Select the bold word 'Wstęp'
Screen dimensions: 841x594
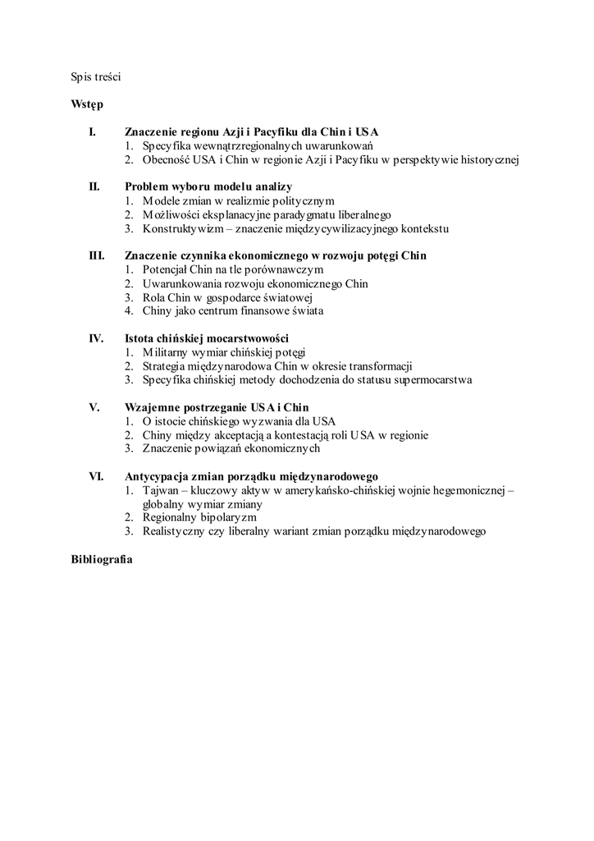[87, 105]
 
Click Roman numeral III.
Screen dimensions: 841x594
[96, 255]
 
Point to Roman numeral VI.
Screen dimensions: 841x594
[95, 476]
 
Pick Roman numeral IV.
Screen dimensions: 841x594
[95, 338]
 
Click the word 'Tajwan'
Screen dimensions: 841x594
[162, 489]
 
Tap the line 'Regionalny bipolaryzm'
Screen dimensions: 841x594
[199, 517]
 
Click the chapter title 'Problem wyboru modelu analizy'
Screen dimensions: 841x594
[208, 186]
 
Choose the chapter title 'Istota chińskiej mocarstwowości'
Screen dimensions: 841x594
[206, 338]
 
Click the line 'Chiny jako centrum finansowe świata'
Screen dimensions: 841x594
[233, 311]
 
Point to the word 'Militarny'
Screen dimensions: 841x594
[166, 352]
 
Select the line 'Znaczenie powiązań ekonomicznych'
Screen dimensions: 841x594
[231, 448]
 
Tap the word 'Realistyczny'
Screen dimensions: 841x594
[175, 531]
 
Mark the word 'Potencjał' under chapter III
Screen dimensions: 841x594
[167, 269]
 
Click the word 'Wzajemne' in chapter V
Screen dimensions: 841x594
[151, 407]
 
